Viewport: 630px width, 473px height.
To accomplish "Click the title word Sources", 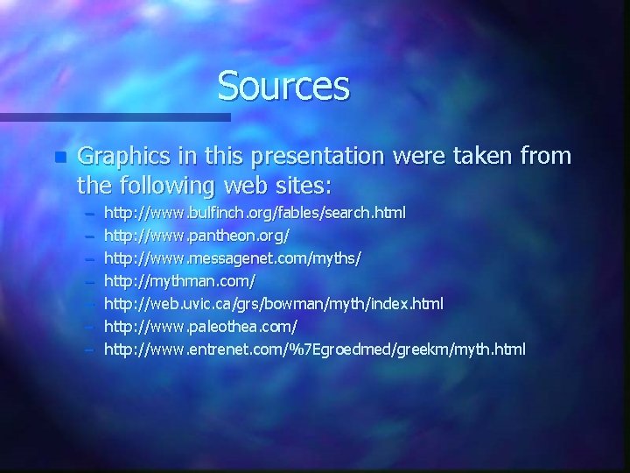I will [283, 85].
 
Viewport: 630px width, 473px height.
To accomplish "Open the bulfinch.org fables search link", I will [255, 213].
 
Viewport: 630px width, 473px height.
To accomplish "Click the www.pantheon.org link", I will [197, 236].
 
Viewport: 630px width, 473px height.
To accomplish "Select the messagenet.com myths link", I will [233, 258].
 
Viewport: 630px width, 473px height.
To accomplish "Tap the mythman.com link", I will [179, 281].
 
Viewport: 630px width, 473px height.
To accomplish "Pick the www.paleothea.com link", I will [201, 327].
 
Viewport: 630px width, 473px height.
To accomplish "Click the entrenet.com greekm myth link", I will [315, 349].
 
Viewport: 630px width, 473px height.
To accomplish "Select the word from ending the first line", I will [544, 157].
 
